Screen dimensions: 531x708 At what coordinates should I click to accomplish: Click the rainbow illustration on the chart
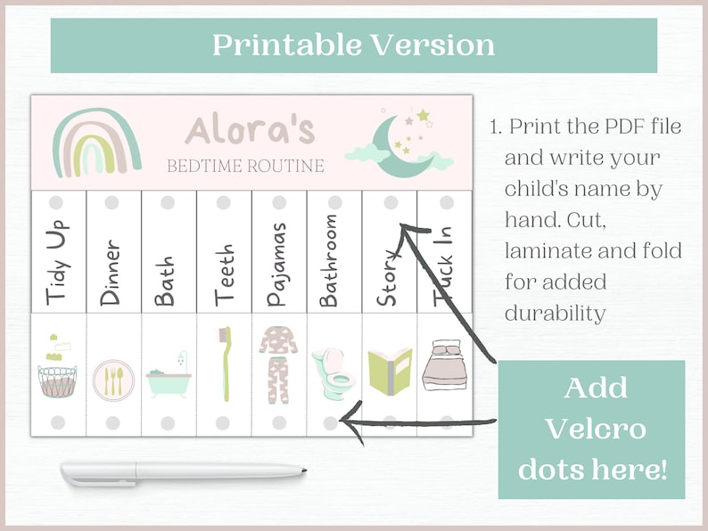[96, 142]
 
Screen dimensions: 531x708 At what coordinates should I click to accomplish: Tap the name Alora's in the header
[249, 130]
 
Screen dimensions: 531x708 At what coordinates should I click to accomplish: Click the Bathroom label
[330, 258]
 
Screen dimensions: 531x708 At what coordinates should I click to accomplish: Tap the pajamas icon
[278, 365]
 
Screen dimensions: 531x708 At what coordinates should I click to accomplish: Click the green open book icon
[390, 368]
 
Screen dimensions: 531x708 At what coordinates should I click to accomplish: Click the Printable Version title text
[353, 45]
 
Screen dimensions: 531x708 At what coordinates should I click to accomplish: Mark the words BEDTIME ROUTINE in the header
[245, 166]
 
